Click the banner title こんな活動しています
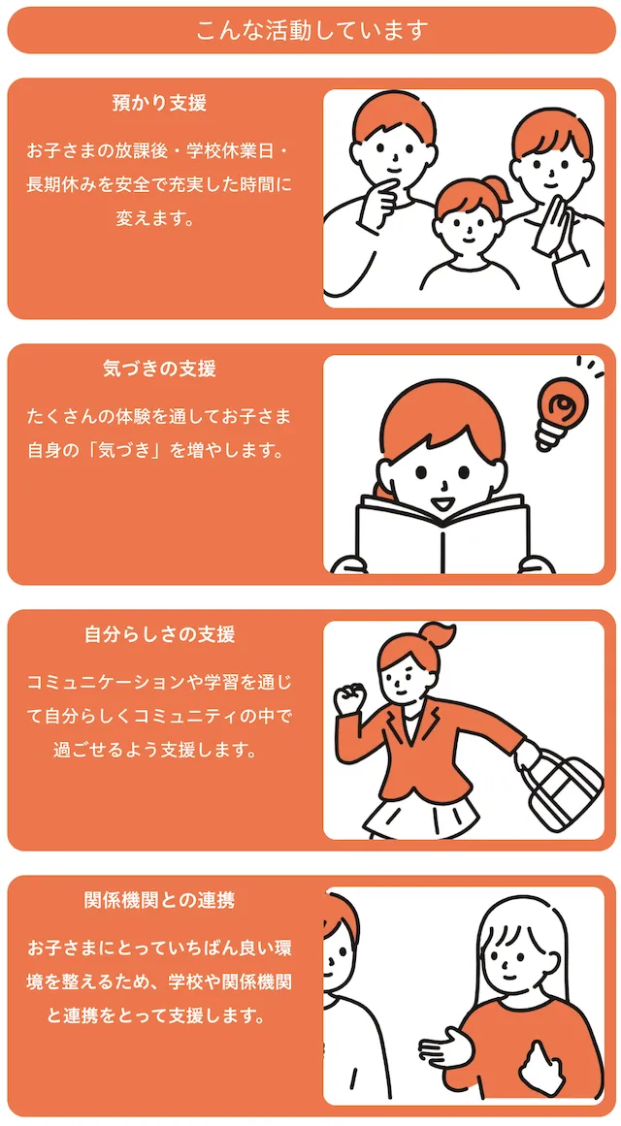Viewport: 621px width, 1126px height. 311,31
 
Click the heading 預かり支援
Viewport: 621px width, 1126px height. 159,104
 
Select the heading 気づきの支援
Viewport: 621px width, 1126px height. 159,370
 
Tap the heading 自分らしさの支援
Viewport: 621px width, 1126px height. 159,635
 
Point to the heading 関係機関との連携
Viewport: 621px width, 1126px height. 159,901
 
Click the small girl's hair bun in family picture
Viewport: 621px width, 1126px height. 493,188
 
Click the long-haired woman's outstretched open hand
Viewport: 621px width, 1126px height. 446,1049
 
